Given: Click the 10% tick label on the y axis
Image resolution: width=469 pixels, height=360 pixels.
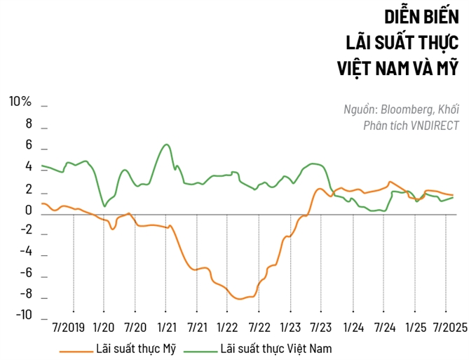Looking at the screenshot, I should tap(20, 102).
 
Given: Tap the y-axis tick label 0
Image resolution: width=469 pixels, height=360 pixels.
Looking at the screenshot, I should tap(28, 210).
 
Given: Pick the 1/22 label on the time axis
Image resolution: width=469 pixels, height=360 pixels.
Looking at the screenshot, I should tap(227, 328).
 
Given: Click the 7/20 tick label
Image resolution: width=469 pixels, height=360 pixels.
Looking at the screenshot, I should tap(135, 328).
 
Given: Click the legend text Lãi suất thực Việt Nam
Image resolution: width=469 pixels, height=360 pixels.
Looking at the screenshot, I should tap(276, 348).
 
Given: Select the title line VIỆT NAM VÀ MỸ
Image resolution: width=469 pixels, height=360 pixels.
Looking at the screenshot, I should tap(397, 69).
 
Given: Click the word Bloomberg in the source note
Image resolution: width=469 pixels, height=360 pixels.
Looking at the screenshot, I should tap(407, 109).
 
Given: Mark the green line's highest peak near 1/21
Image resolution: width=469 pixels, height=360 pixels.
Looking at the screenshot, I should tap(166, 145).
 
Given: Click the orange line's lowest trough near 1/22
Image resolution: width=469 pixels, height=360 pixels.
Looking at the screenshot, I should tap(240, 299).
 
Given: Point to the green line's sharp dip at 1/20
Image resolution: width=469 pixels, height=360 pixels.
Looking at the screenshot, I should tap(104, 206).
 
